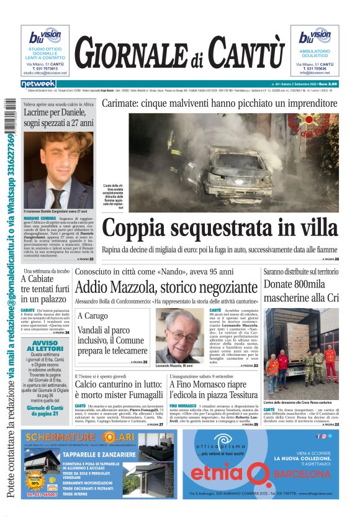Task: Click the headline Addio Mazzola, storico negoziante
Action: [x=166, y=288]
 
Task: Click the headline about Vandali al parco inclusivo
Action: [x=112, y=340]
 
